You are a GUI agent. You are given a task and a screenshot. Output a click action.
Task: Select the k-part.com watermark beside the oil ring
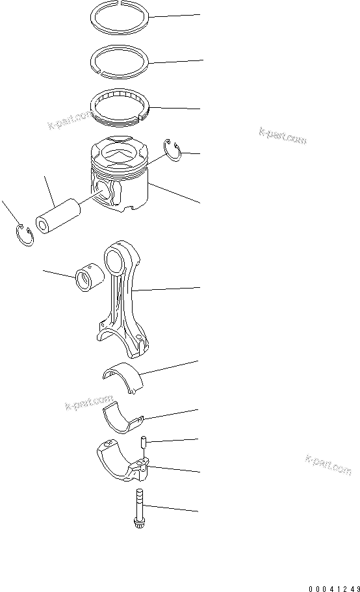tap(71, 120)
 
